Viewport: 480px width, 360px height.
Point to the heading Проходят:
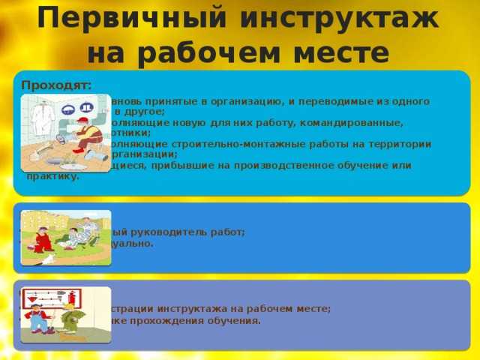point(57,85)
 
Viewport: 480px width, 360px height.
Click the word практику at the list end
point(52,176)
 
